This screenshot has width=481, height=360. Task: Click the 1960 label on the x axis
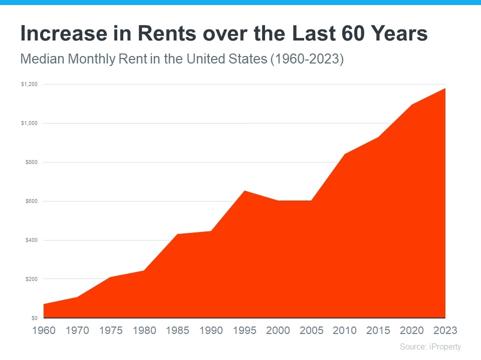[44, 330]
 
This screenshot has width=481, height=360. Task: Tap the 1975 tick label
[111, 330]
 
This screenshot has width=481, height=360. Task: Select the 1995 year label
[245, 330]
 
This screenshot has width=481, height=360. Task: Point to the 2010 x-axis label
[345, 330]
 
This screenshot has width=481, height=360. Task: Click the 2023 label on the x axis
[445, 330]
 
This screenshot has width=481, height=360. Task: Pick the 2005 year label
[311, 330]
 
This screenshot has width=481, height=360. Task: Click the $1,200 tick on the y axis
[29, 84]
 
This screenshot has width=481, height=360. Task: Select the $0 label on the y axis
[35, 318]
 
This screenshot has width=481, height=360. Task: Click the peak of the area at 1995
[245, 191]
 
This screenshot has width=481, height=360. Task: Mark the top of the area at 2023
[444, 88]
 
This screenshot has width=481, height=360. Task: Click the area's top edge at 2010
[345, 154]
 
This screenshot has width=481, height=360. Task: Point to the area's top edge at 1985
[177, 234]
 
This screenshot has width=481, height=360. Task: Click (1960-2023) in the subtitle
[307, 59]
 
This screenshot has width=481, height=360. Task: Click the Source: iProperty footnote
[430, 346]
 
